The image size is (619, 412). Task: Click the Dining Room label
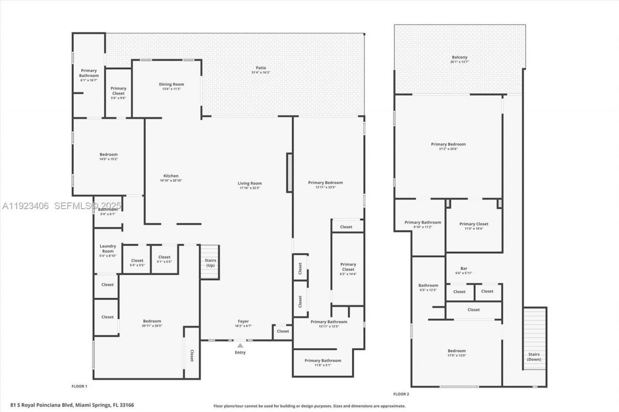click(171, 85)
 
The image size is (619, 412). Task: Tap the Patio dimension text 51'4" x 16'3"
click(261, 72)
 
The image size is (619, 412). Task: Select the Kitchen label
click(171, 176)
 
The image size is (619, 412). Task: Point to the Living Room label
click(250, 184)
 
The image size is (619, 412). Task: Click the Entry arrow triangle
click(240, 345)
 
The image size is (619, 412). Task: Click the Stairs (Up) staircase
click(210, 262)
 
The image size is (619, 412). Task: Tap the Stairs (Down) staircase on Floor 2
click(534, 338)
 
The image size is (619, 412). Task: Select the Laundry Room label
click(108, 248)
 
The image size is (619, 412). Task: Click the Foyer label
click(243, 321)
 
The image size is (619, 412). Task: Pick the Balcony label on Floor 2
click(459, 57)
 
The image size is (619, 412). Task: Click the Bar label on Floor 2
click(464, 269)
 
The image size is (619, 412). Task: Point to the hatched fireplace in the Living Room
click(290, 172)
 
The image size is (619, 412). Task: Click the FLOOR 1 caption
click(79, 386)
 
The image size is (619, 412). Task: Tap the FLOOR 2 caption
click(401, 394)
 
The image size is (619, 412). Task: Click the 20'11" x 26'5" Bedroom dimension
click(152, 326)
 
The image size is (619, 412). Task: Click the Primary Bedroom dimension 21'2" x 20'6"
click(448, 149)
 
